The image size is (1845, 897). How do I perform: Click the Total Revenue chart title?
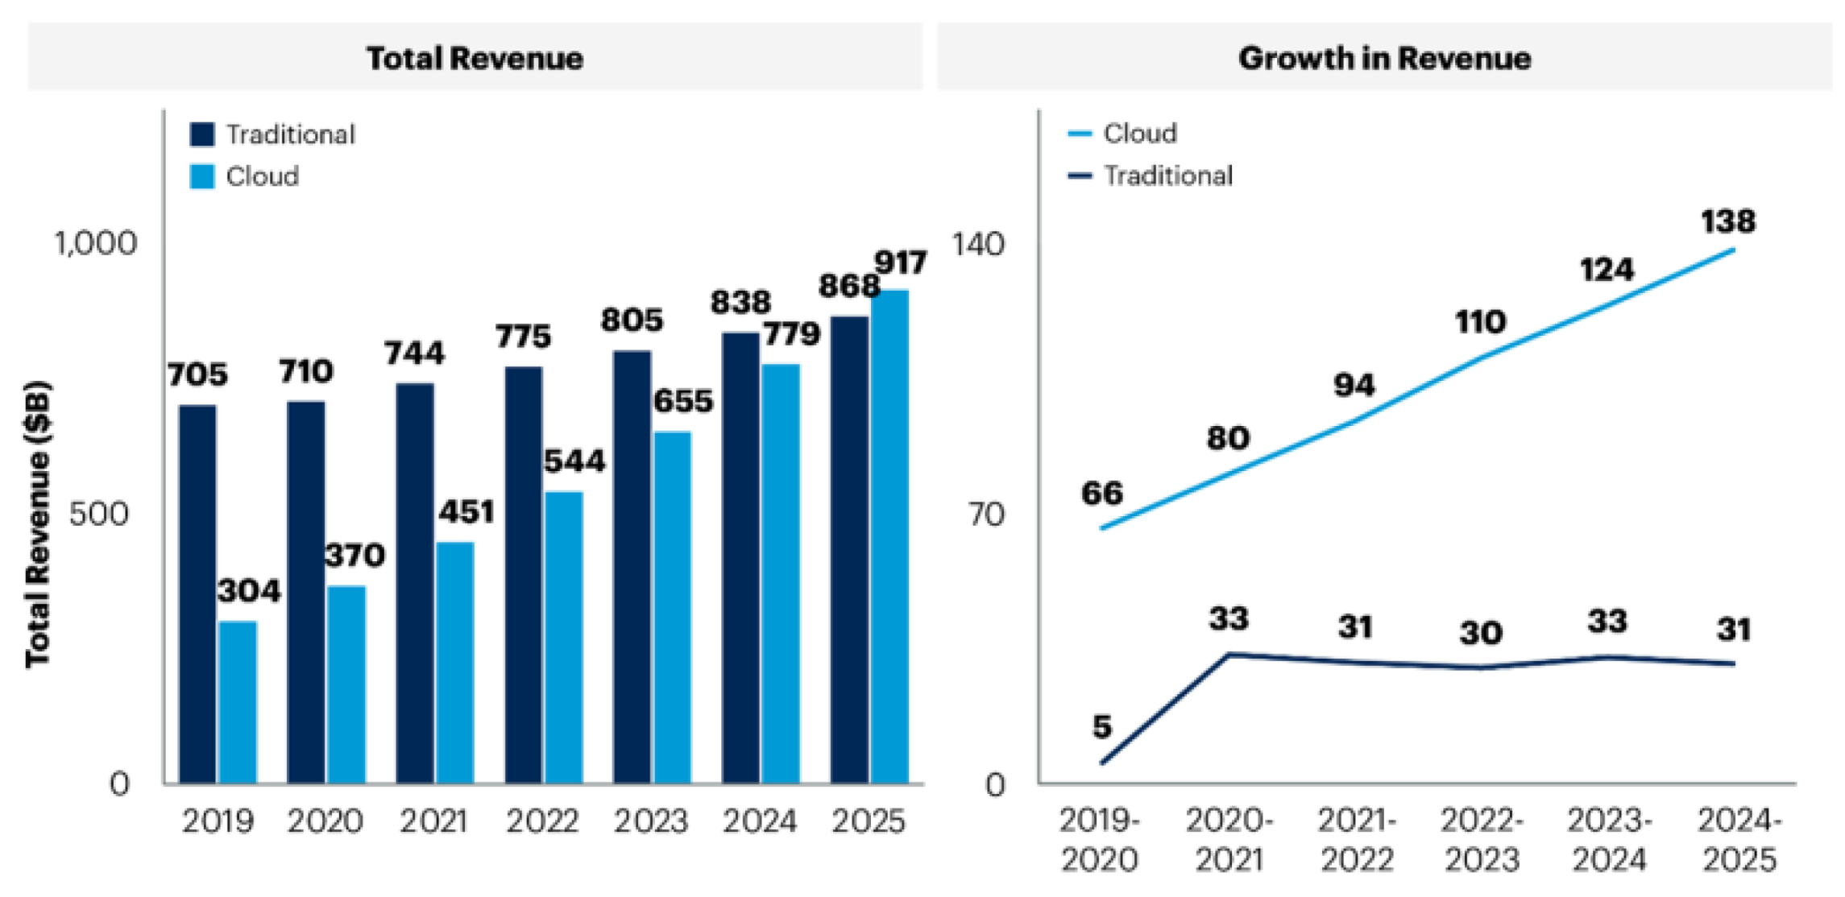[x=475, y=58]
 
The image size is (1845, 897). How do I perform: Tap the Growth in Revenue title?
[x=1384, y=58]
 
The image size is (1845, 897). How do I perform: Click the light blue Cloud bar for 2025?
[x=889, y=536]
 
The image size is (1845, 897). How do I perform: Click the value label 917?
[x=901, y=263]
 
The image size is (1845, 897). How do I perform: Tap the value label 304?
[x=249, y=591]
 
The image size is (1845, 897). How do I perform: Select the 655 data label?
[x=683, y=401]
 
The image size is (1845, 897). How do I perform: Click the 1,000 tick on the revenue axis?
[x=96, y=243]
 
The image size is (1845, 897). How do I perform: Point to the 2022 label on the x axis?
[x=542, y=821]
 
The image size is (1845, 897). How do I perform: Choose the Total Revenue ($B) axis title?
[x=38, y=523]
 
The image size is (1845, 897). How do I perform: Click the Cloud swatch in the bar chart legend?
[x=202, y=176]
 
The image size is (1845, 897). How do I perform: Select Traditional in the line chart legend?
[x=1167, y=176]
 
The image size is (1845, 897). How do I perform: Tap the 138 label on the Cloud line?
[x=1727, y=221]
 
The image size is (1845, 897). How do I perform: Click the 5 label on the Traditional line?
[x=1102, y=726]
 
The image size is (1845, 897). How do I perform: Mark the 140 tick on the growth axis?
[x=978, y=243]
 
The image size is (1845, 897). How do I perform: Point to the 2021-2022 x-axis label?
[x=1357, y=840]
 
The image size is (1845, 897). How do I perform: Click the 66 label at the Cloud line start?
[x=1102, y=493]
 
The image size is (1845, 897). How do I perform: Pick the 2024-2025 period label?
[x=1739, y=840]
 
